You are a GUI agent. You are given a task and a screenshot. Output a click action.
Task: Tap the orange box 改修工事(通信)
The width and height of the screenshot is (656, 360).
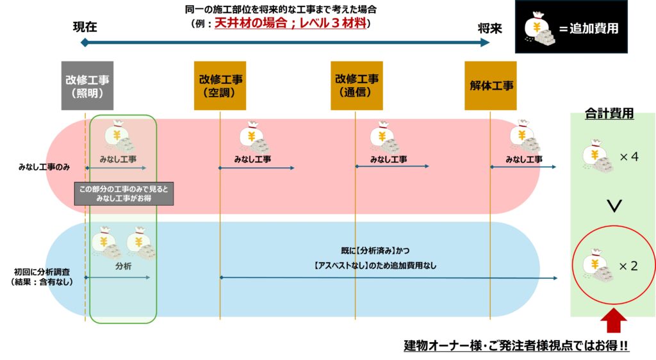(x=357, y=86)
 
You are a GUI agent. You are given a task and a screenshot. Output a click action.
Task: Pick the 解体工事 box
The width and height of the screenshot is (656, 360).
(x=491, y=86)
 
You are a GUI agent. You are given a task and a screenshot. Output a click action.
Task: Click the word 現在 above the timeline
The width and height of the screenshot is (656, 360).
(x=85, y=28)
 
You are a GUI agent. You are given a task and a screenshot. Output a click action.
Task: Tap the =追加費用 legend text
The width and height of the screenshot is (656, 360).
(x=588, y=28)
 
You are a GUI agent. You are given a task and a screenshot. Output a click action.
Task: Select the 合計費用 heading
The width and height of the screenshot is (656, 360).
(x=609, y=113)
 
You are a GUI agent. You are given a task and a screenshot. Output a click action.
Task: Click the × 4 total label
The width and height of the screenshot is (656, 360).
(x=628, y=156)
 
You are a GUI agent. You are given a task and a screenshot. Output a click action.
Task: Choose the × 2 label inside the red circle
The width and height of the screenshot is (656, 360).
(x=628, y=266)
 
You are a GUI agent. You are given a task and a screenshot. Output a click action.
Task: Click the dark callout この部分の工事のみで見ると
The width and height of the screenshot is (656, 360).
(x=124, y=194)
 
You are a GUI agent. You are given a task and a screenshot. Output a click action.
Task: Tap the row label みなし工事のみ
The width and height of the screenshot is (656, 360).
(x=44, y=167)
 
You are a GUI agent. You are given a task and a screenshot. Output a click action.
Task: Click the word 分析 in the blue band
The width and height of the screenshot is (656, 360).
(x=123, y=266)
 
